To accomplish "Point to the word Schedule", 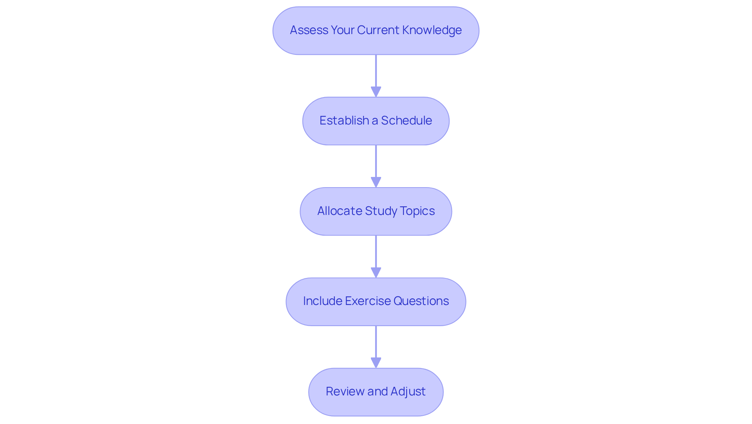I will [x=406, y=121].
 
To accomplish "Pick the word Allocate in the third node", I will [x=340, y=211].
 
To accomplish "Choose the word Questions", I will [x=421, y=301].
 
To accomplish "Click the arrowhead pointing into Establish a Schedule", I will [x=376, y=92].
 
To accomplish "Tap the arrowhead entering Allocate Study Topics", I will [x=376, y=182].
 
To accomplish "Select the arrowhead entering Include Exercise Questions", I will [x=376, y=273].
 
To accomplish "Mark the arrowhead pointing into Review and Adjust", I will [x=376, y=363].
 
